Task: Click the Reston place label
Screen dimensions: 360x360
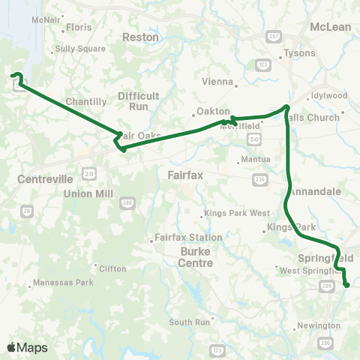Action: pyautogui.click(x=140, y=37)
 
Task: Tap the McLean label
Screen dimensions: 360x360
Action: pyautogui.click(x=330, y=27)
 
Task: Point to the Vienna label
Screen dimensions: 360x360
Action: pyautogui.click(x=217, y=82)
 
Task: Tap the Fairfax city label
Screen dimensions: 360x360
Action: pyautogui.click(x=181, y=175)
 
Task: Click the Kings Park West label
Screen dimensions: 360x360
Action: pyautogui.click(x=236, y=214)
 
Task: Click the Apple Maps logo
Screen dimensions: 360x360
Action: pyautogui.click(x=28, y=347)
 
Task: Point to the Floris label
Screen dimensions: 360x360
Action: pyautogui.click(x=79, y=27)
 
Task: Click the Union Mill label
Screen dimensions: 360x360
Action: pyautogui.click(x=87, y=193)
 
